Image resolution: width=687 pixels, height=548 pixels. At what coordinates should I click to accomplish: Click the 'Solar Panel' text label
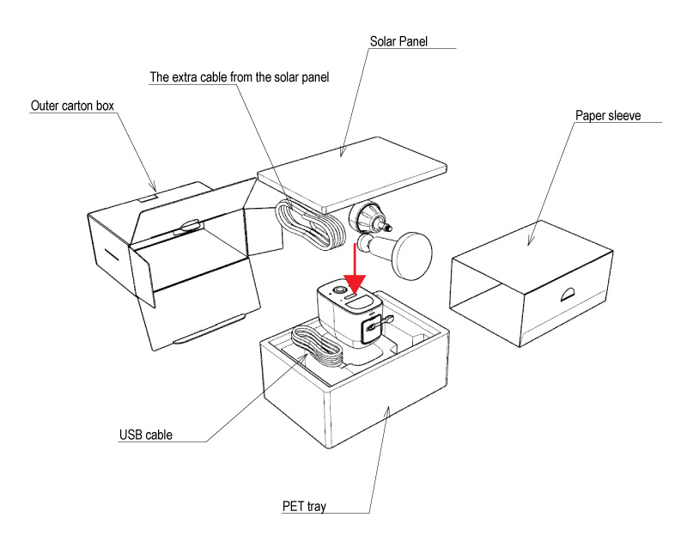[398, 41]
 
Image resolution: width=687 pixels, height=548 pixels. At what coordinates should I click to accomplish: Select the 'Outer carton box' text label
[72, 106]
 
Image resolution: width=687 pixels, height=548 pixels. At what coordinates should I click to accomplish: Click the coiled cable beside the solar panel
[309, 225]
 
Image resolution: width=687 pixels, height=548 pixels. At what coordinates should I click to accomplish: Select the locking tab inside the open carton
[188, 227]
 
